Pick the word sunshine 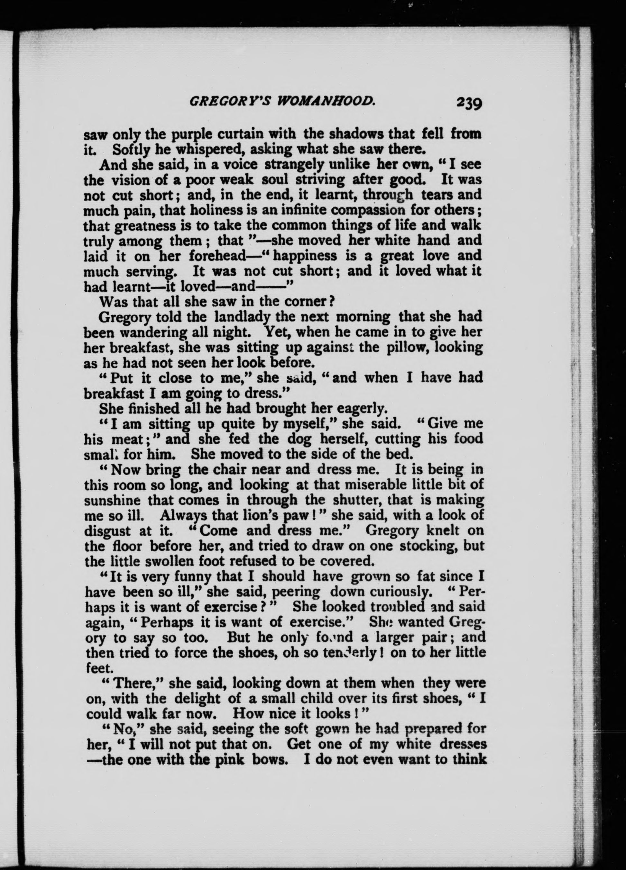[x=114, y=501]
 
